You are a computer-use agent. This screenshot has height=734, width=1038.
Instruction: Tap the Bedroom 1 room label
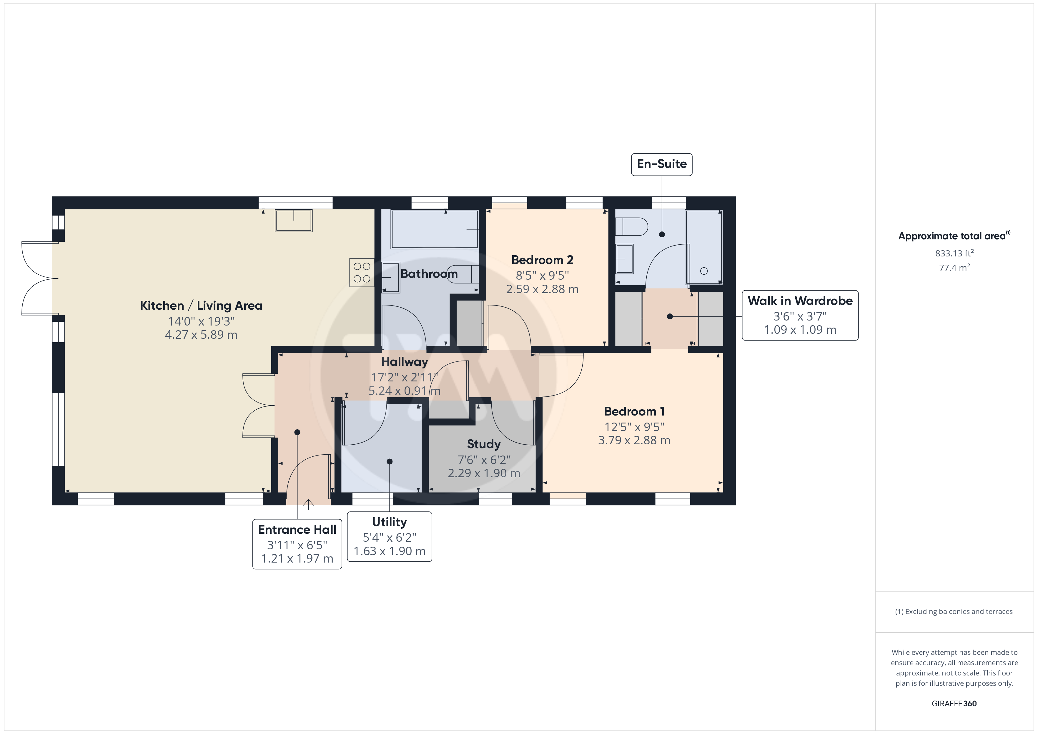(634, 411)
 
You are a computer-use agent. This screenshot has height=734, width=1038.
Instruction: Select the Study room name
(484, 444)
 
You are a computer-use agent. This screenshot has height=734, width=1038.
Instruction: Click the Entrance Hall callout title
(297, 529)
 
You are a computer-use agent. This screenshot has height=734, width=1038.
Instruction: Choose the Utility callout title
(389, 522)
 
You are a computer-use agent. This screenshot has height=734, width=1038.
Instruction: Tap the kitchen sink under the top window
(294, 221)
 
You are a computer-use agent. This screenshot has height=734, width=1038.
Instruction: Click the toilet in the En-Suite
(632, 226)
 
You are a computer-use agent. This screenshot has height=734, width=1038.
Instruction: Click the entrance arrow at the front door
(308, 504)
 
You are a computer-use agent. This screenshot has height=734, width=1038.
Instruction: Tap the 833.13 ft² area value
(954, 253)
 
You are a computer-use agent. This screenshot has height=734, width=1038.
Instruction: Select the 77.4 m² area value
(954, 268)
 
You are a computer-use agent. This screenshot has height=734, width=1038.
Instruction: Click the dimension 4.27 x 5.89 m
(201, 335)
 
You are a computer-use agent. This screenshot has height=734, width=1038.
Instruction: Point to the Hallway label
(405, 362)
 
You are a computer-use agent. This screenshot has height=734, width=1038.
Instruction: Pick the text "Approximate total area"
(952, 236)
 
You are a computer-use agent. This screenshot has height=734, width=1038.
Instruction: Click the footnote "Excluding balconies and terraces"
(959, 611)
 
